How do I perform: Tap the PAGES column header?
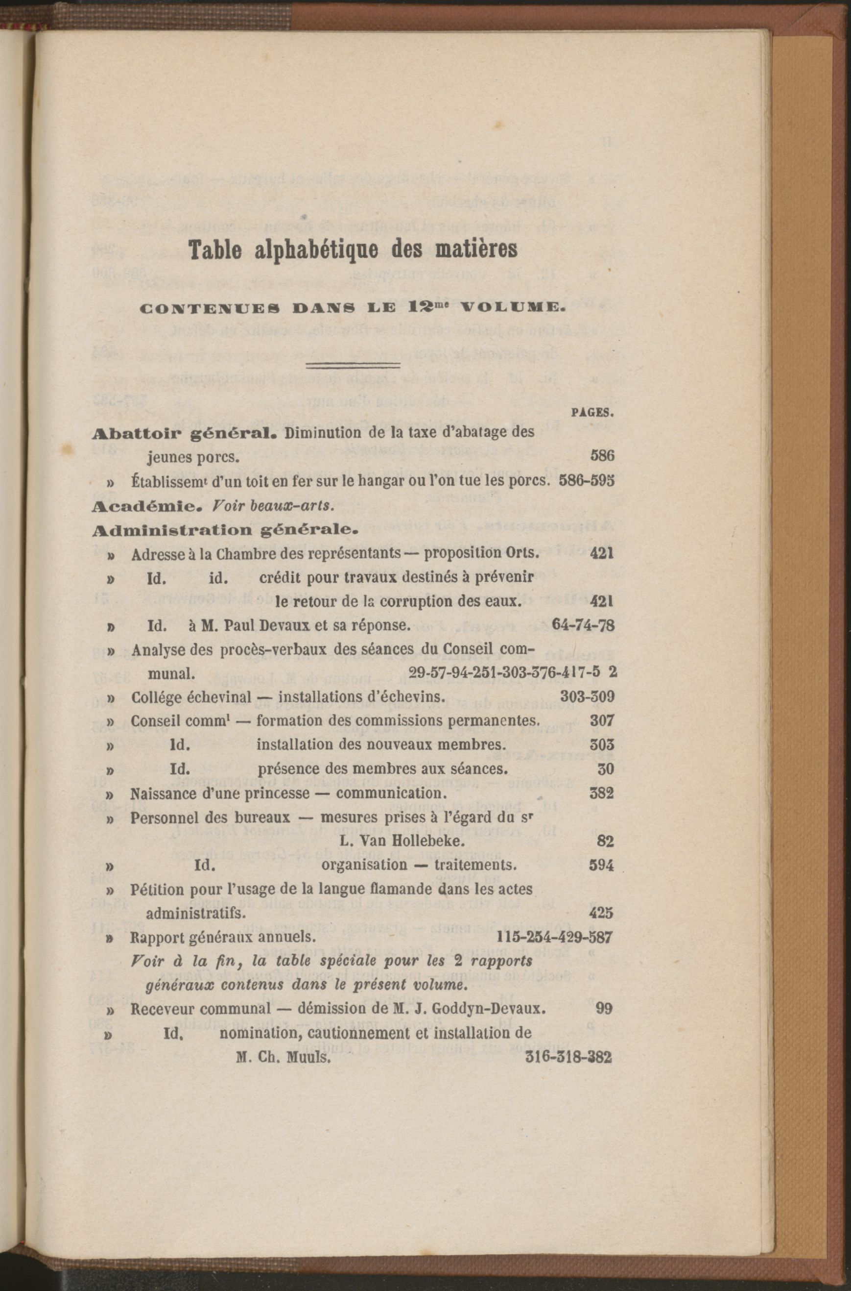pos(592,413)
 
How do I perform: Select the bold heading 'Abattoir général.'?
pos(186,434)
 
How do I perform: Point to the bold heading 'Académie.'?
pos(141,506)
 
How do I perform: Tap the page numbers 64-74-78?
pos(582,626)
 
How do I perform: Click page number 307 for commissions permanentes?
pos(602,720)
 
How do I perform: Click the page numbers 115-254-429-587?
pos(555,938)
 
